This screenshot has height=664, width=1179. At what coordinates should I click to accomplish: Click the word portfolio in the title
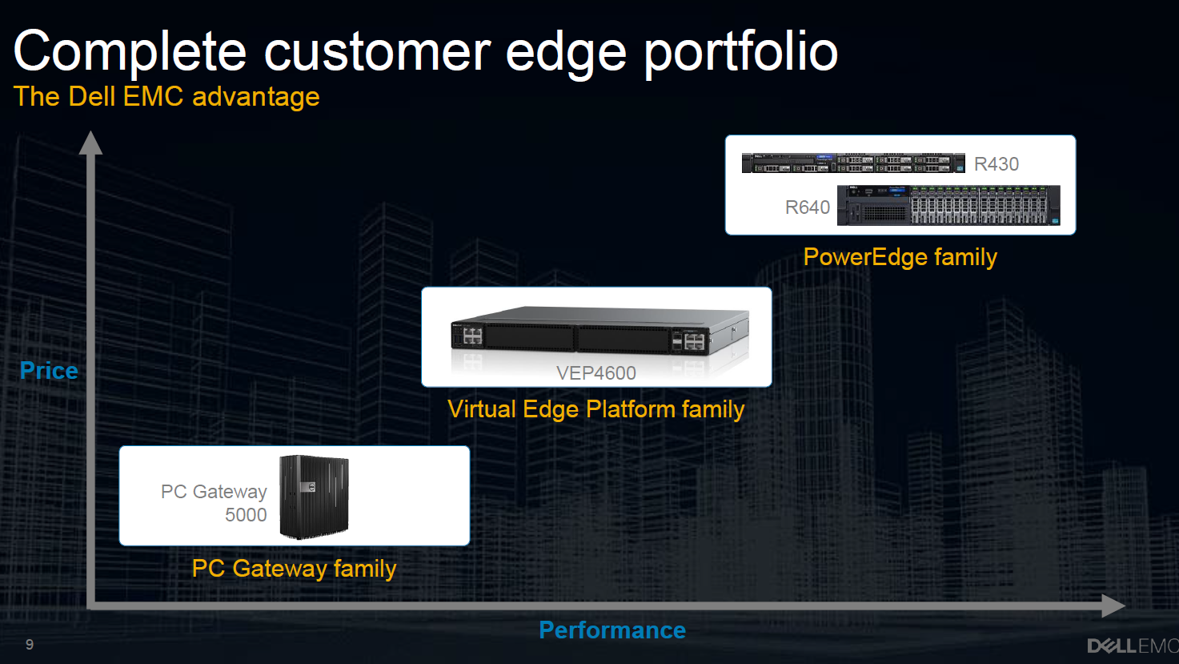pyautogui.click(x=741, y=54)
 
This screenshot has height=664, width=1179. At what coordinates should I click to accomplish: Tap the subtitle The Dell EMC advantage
pyautogui.click(x=166, y=97)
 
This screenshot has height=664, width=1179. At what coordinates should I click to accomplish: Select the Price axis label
pyautogui.click(x=49, y=371)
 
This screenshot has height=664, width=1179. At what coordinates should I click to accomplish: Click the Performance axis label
pyautogui.click(x=612, y=630)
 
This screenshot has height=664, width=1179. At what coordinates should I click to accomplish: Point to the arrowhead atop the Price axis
pyautogui.click(x=90, y=143)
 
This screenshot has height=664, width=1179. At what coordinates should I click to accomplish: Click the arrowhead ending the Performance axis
pyautogui.click(x=1113, y=606)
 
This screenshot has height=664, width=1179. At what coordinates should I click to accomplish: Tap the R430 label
pyautogui.click(x=997, y=164)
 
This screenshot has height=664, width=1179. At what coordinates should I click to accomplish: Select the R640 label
pyautogui.click(x=808, y=207)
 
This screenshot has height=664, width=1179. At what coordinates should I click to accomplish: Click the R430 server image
pyautogui.click(x=853, y=163)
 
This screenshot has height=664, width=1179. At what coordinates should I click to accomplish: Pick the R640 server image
pyautogui.click(x=948, y=205)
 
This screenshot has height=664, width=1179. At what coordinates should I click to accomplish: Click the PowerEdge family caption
pyautogui.click(x=900, y=257)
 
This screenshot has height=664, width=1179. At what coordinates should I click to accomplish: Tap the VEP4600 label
pyautogui.click(x=596, y=373)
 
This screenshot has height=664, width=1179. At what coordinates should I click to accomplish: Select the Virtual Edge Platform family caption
pyautogui.click(x=596, y=409)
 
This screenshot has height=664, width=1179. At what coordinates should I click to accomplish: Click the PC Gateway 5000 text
pyautogui.click(x=214, y=503)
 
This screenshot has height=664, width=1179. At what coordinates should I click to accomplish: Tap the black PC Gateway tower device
pyautogui.click(x=315, y=497)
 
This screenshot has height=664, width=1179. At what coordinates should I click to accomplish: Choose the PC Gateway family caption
pyautogui.click(x=295, y=569)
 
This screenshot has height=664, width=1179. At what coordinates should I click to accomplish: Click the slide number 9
pyautogui.click(x=30, y=645)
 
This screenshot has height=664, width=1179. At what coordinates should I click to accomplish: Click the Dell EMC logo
pyautogui.click(x=1133, y=646)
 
